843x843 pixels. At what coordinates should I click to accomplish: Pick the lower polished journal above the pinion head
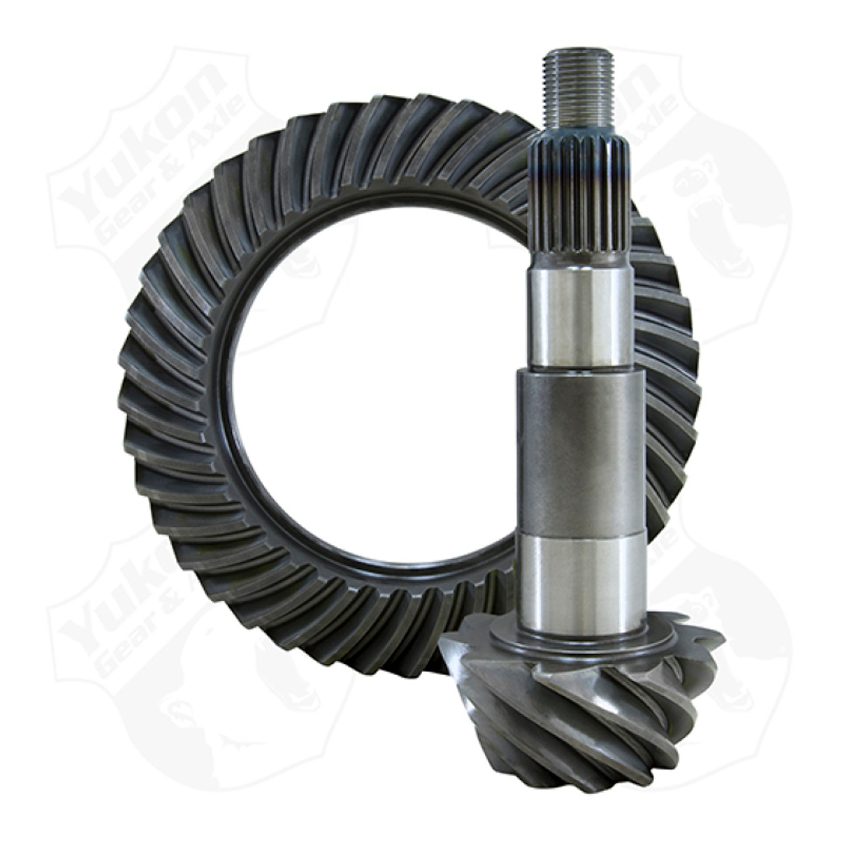[x=580, y=580]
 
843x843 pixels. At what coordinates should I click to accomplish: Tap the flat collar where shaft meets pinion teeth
[x=580, y=642]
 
